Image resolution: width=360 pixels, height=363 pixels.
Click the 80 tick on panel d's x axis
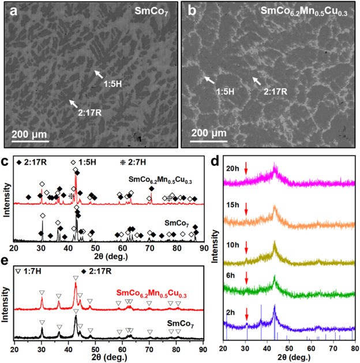(x=352, y=350)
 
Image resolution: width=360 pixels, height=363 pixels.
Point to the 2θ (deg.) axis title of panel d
(x=288, y=358)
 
